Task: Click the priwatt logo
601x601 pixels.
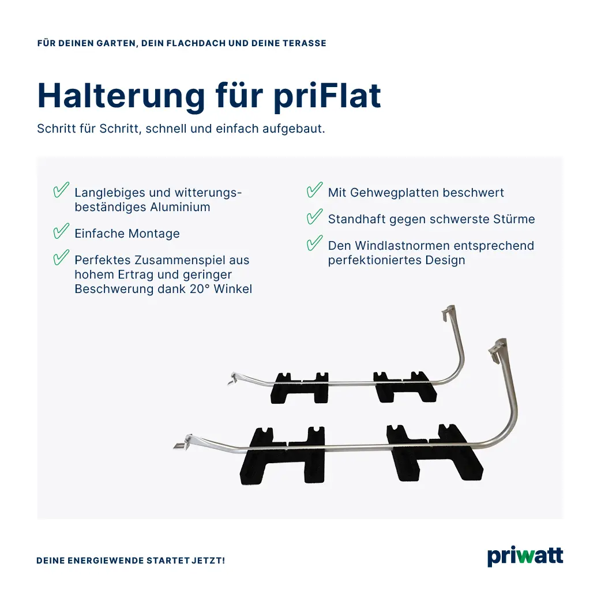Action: point(525,557)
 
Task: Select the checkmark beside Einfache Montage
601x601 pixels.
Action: point(61,232)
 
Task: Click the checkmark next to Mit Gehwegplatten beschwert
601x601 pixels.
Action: point(314,190)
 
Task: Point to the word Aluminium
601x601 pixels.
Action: point(180,207)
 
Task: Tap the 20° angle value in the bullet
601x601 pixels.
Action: point(198,289)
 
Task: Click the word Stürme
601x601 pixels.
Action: point(513,219)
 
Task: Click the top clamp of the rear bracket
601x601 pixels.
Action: point(448,312)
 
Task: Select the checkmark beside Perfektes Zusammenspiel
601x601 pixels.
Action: point(61,258)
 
